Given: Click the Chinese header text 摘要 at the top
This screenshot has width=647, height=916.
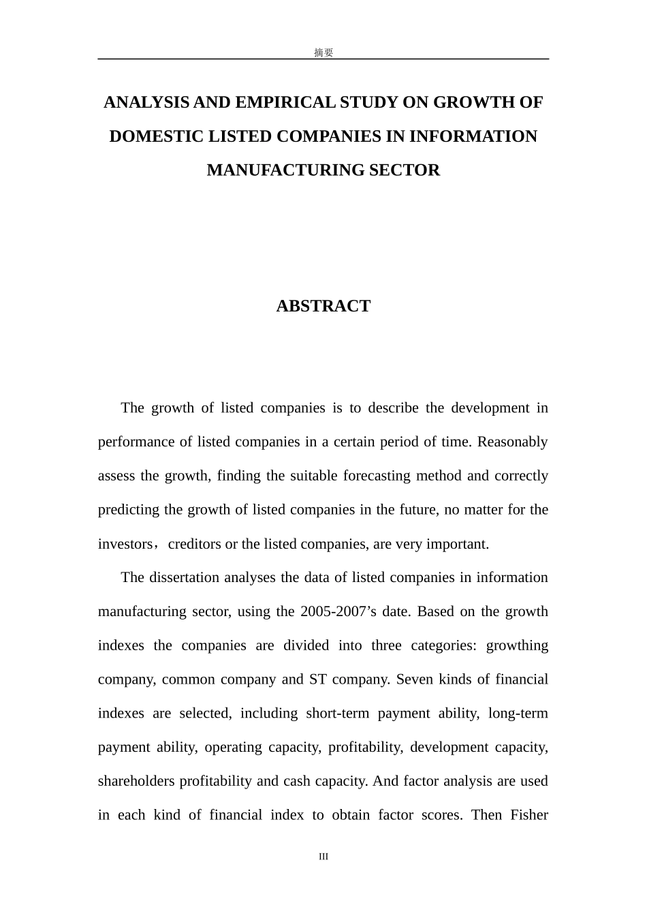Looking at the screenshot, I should [323, 52].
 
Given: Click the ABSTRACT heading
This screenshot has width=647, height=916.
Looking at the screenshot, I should [323, 306].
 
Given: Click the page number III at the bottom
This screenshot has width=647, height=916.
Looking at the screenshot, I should [323, 857].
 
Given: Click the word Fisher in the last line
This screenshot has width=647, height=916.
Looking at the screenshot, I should [529, 815].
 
